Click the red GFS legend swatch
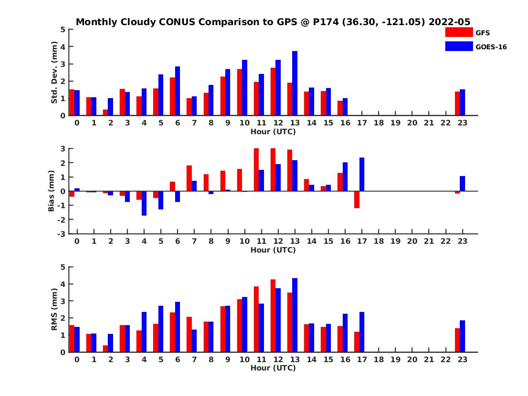458,32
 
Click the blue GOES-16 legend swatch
458,46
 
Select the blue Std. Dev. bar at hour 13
295,83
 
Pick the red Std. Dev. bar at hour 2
106,112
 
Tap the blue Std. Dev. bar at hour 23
462,103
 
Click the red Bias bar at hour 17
357,199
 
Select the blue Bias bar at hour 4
144,203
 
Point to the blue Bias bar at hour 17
362,174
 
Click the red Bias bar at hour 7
189,178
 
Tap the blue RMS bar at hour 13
295,315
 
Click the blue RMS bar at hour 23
462,336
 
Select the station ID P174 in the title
326,22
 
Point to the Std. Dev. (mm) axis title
55,73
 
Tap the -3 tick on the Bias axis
62,234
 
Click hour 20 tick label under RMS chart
412,360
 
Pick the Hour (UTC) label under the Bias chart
273,250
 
